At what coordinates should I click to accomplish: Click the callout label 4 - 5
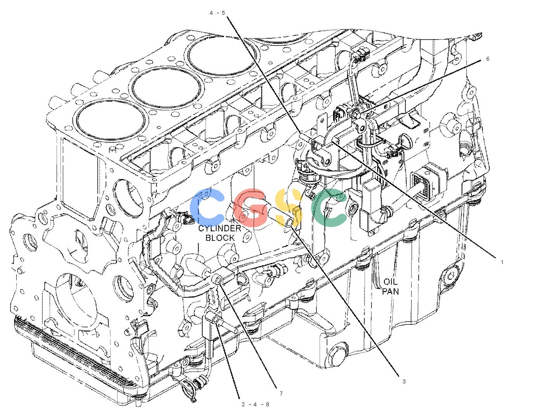click(x=217, y=13)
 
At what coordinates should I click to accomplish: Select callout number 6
click(x=488, y=59)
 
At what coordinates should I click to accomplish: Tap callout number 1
click(x=502, y=262)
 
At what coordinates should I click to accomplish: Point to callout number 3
click(x=404, y=381)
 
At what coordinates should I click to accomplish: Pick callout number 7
click(x=281, y=394)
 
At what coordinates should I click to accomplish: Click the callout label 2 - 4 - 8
click(x=255, y=405)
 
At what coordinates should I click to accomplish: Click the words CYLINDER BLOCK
click(x=220, y=233)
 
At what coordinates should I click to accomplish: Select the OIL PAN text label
click(x=390, y=287)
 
